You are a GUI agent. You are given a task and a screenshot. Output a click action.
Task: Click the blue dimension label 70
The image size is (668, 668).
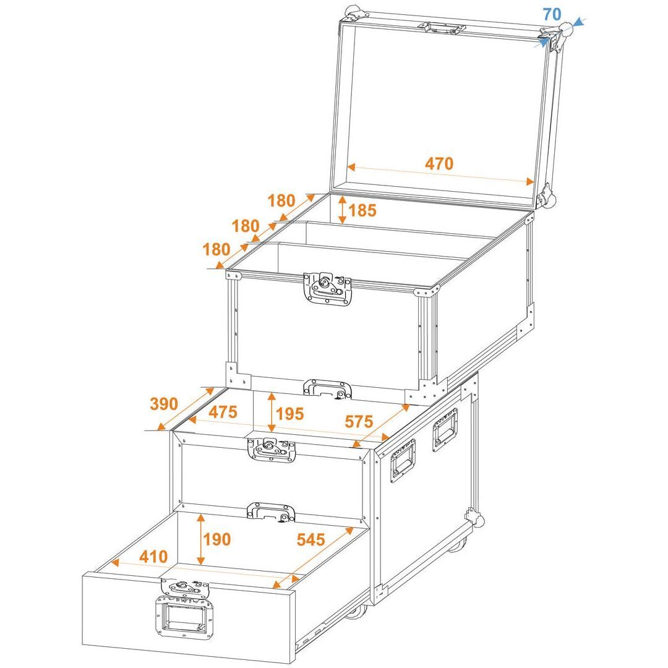[x=552, y=14]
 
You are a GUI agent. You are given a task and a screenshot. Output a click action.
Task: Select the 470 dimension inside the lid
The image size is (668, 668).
[x=439, y=163]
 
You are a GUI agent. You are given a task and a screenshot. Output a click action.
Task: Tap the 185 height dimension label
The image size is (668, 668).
[x=362, y=210]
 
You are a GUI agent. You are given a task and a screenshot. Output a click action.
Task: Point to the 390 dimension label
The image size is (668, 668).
[x=164, y=403]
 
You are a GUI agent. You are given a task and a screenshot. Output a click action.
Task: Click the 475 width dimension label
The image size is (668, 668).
[x=223, y=412]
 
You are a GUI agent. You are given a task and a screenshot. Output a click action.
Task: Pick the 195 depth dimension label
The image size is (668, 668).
[x=289, y=414]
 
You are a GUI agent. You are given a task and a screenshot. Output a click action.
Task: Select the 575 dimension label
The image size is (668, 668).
[x=359, y=421]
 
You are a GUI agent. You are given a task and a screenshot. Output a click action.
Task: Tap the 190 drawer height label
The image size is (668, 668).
[x=217, y=539]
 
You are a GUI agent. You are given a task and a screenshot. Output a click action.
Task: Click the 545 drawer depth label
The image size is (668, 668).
[x=311, y=540]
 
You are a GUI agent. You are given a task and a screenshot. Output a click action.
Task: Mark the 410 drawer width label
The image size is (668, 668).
[x=153, y=557]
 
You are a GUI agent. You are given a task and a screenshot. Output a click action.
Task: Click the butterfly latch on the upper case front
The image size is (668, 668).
[x=328, y=288]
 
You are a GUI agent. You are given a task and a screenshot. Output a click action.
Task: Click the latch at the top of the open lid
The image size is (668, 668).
[x=442, y=28]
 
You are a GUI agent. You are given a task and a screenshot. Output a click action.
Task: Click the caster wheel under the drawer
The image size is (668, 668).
[x=356, y=612]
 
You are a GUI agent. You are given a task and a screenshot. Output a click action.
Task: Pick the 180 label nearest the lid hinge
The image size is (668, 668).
[x=281, y=200]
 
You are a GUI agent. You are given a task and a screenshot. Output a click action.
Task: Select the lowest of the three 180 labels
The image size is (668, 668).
[x=217, y=249]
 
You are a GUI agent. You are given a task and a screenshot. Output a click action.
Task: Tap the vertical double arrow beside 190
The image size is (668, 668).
[x=200, y=539]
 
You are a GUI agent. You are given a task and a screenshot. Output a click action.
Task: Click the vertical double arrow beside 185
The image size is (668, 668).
[x=342, y=210]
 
